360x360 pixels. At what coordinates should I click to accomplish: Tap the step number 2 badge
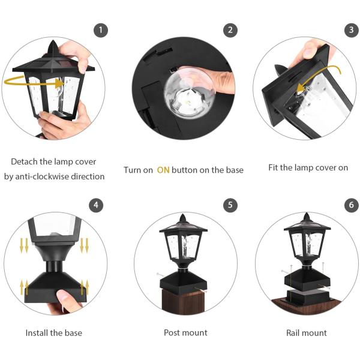point(229,30)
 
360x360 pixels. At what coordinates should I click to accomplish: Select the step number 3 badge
point(352,30)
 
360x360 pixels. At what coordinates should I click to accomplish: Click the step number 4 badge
point(95,205)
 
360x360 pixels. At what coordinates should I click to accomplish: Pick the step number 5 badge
point(229,205)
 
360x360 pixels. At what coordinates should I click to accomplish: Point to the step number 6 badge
point(352,205)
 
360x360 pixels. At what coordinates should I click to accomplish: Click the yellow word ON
point(163,170)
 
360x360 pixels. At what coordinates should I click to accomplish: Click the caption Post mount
point(185,332)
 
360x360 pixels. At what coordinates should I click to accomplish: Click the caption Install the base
point(54,332)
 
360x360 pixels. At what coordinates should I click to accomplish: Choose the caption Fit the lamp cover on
point(308,167)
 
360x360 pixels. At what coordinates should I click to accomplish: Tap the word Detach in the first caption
point(25,162)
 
